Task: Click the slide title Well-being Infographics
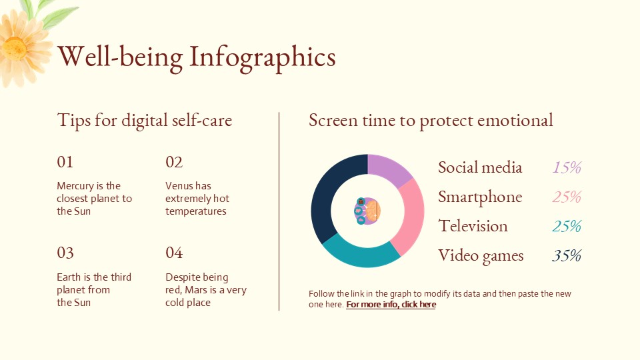pos(197,57)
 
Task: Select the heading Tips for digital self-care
pos(145,121)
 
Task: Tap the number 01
pos(65,162)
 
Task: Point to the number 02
pos(174,162)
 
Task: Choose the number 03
pos(65,253)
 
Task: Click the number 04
pos(174,253)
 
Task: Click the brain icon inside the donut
pos(367,211)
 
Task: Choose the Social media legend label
pos(480,167)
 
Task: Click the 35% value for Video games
pos(567,255)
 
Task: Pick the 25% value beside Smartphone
pos(567,197)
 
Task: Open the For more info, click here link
pos(391,305)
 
